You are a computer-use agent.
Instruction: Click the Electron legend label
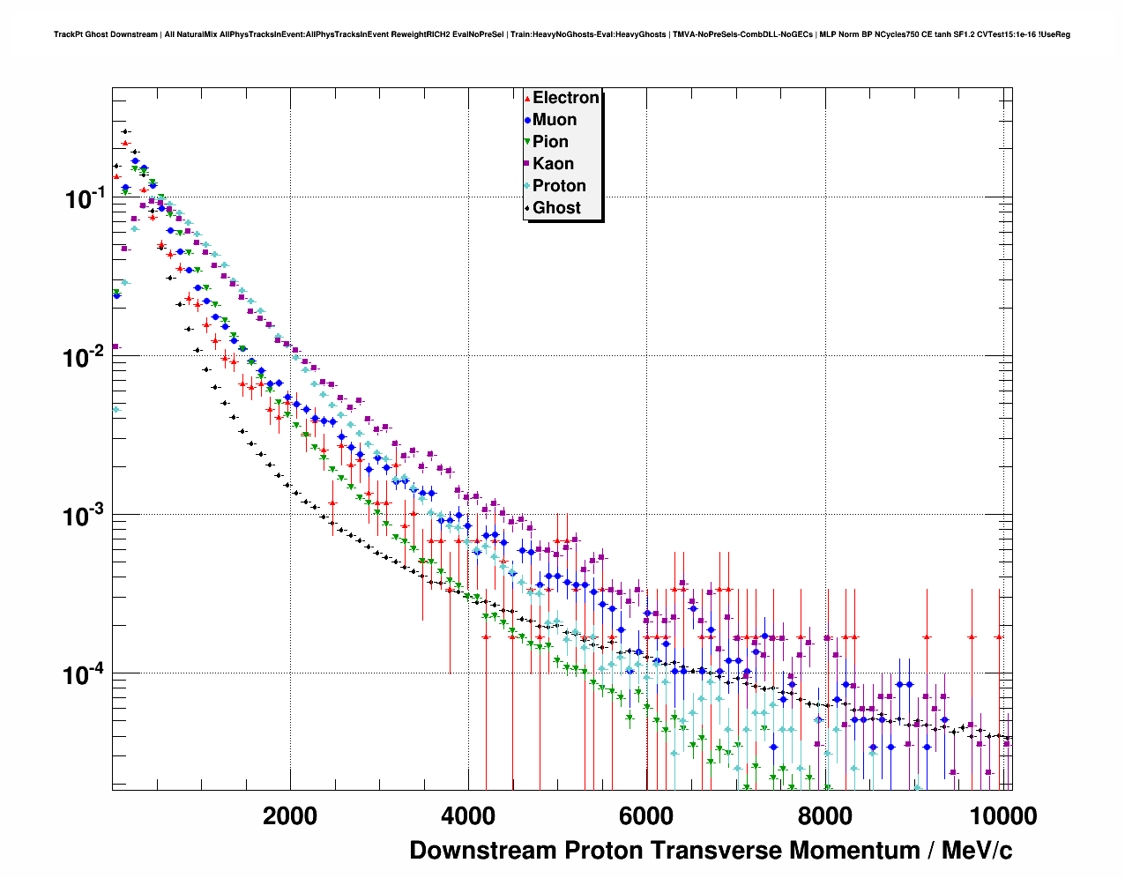566,98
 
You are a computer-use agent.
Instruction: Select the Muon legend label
555,120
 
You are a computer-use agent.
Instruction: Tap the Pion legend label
550,142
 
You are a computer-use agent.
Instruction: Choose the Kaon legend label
553,164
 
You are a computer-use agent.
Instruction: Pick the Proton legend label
559,186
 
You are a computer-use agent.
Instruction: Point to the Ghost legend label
556,208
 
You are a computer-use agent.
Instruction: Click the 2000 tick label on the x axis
290,815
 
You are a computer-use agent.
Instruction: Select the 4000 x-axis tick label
468,815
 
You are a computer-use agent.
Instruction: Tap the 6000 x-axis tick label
646,815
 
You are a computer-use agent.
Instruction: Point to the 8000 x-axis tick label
824,815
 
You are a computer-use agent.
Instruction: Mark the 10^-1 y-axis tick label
84,198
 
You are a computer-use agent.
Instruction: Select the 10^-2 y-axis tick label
84,357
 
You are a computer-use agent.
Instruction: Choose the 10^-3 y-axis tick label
84,516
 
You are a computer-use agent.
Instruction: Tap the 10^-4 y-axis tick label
84,674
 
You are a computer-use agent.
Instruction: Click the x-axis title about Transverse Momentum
711,851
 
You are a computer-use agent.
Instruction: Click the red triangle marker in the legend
527,98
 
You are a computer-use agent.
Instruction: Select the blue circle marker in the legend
527,120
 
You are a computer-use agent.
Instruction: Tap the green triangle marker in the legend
527,142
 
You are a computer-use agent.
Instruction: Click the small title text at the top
562,34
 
